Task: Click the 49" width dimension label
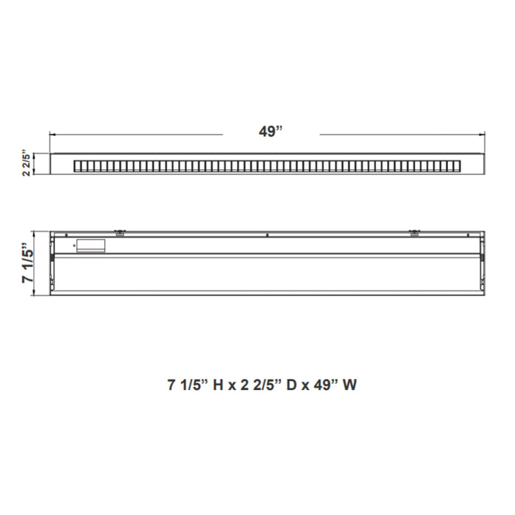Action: (x=271, y=132)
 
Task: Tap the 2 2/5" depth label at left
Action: (x=28, y=163)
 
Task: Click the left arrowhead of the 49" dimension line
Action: (x=51, y=135)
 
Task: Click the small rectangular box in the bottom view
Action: (x=92, y=246)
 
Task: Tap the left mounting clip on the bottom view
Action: (x=119, y=232)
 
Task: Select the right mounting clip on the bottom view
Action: (x=413, y=232)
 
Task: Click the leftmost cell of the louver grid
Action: (x=77, y=166)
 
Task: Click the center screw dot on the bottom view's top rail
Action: (x=267, y=235)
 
